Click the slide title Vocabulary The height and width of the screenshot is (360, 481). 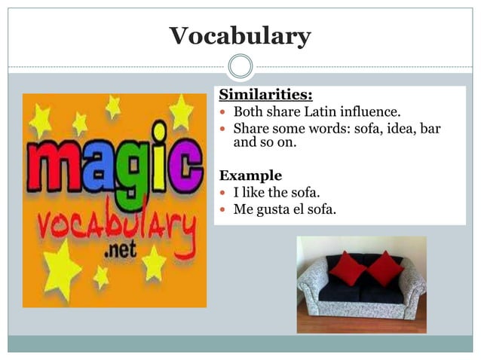click(x=240, y=36)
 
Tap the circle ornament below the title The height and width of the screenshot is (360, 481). click(x=240, y=66)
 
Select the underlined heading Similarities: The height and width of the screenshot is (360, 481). click(x=265, y=96)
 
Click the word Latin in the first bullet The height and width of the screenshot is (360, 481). click(x=331, y=112)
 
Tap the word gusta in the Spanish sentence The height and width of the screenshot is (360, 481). click(x=276, y=209)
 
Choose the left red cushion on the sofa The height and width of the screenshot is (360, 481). click(x=347, y=268)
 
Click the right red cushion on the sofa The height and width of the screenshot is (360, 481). click(x=384, y=268)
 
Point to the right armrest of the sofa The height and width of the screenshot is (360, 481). click(x=413, y=290)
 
